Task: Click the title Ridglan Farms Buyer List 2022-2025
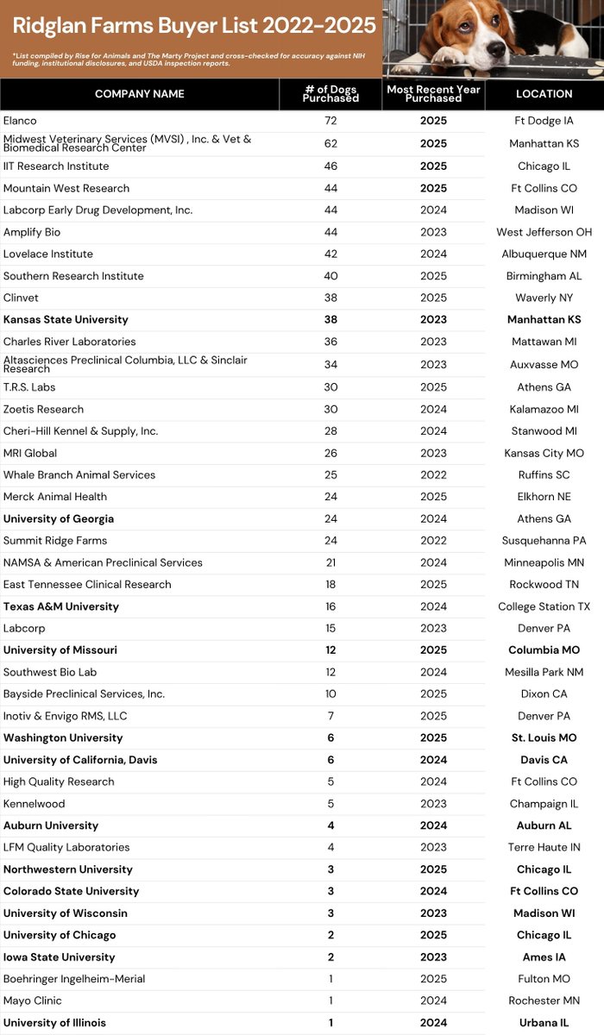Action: click(194, 26)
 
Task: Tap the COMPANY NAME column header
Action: click(139, 93)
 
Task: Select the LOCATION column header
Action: click(544, 93)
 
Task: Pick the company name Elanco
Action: click(20, 121)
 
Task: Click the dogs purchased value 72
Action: click(330, 121)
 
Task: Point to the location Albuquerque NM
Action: click(544, 254)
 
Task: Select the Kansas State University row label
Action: click(66, 319)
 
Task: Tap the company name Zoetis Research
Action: click(44, 409)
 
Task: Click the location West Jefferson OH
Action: click(544, 232)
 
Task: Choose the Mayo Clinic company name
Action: click(32, 1000)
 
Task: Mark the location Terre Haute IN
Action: click(544, 847)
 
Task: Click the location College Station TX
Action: click(544, 606)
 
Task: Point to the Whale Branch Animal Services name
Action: click(79, 474)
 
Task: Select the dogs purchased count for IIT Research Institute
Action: click(330, 166)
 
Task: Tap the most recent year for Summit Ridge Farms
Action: click(433, 541)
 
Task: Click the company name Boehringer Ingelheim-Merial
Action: click(74, 979)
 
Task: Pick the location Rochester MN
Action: click(544, 1000)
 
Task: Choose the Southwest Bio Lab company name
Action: click(49, 672)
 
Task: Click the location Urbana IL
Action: click(544, 1023)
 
